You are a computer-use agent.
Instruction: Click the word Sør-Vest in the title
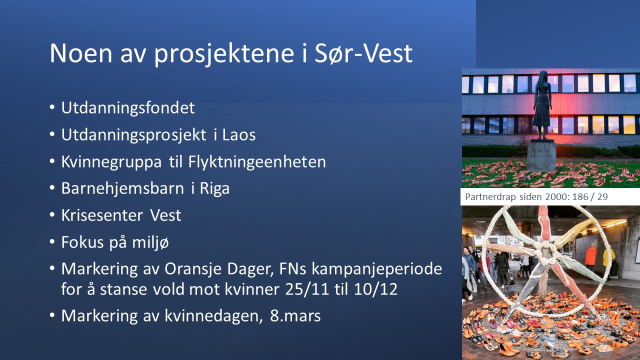[363, 53]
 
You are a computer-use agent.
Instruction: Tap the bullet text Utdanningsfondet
[128, 108]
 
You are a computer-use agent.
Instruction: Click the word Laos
[239, 135]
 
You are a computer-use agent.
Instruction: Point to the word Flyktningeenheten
[257, 162]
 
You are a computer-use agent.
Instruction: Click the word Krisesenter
[102, 215]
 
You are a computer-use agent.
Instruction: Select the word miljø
[150, 243]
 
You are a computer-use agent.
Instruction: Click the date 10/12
[375, 289]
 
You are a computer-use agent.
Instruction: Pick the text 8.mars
[295, 316]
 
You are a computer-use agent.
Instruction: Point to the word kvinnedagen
[213, 316]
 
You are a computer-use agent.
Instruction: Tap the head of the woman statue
[542, 76]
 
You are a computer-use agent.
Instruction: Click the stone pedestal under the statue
[541, 156]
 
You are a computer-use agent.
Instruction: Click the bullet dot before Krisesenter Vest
[52, 215]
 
